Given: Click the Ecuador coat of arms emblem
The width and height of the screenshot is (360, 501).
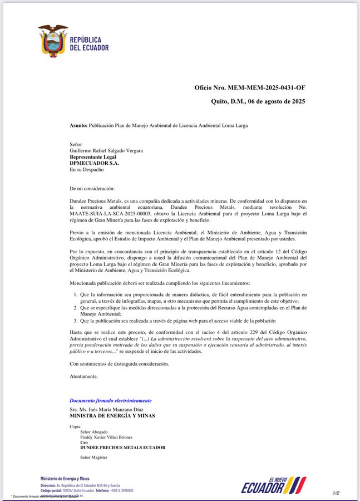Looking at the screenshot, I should [x=53, y=40].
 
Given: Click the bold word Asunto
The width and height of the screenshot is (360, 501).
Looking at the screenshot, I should [x=78, y=126].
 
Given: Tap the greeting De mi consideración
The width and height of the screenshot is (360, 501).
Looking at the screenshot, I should [x=92, y=188].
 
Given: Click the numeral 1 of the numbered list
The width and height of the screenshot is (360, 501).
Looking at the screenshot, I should [x=75, y=294].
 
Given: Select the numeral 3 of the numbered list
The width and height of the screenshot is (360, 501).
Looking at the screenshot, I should [x=75, y=321].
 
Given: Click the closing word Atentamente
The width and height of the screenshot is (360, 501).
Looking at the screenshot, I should [x=83, y=376].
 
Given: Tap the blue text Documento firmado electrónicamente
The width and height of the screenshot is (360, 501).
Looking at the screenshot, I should [x=110, y=401].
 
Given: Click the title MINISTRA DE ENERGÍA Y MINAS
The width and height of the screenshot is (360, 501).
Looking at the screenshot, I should [x=112, y=415].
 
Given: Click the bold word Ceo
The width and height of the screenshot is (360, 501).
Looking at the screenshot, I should [x=84, y=442].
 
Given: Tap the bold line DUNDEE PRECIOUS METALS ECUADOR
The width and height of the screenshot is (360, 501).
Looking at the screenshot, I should [x=122, y=448].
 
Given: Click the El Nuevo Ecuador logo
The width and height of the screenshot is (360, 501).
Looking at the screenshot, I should [x=273, y=485].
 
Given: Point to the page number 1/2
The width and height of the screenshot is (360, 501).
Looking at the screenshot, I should [x=336, y=493].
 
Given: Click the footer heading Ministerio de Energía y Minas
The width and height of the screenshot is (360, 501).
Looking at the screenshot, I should [x=65, y=479].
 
